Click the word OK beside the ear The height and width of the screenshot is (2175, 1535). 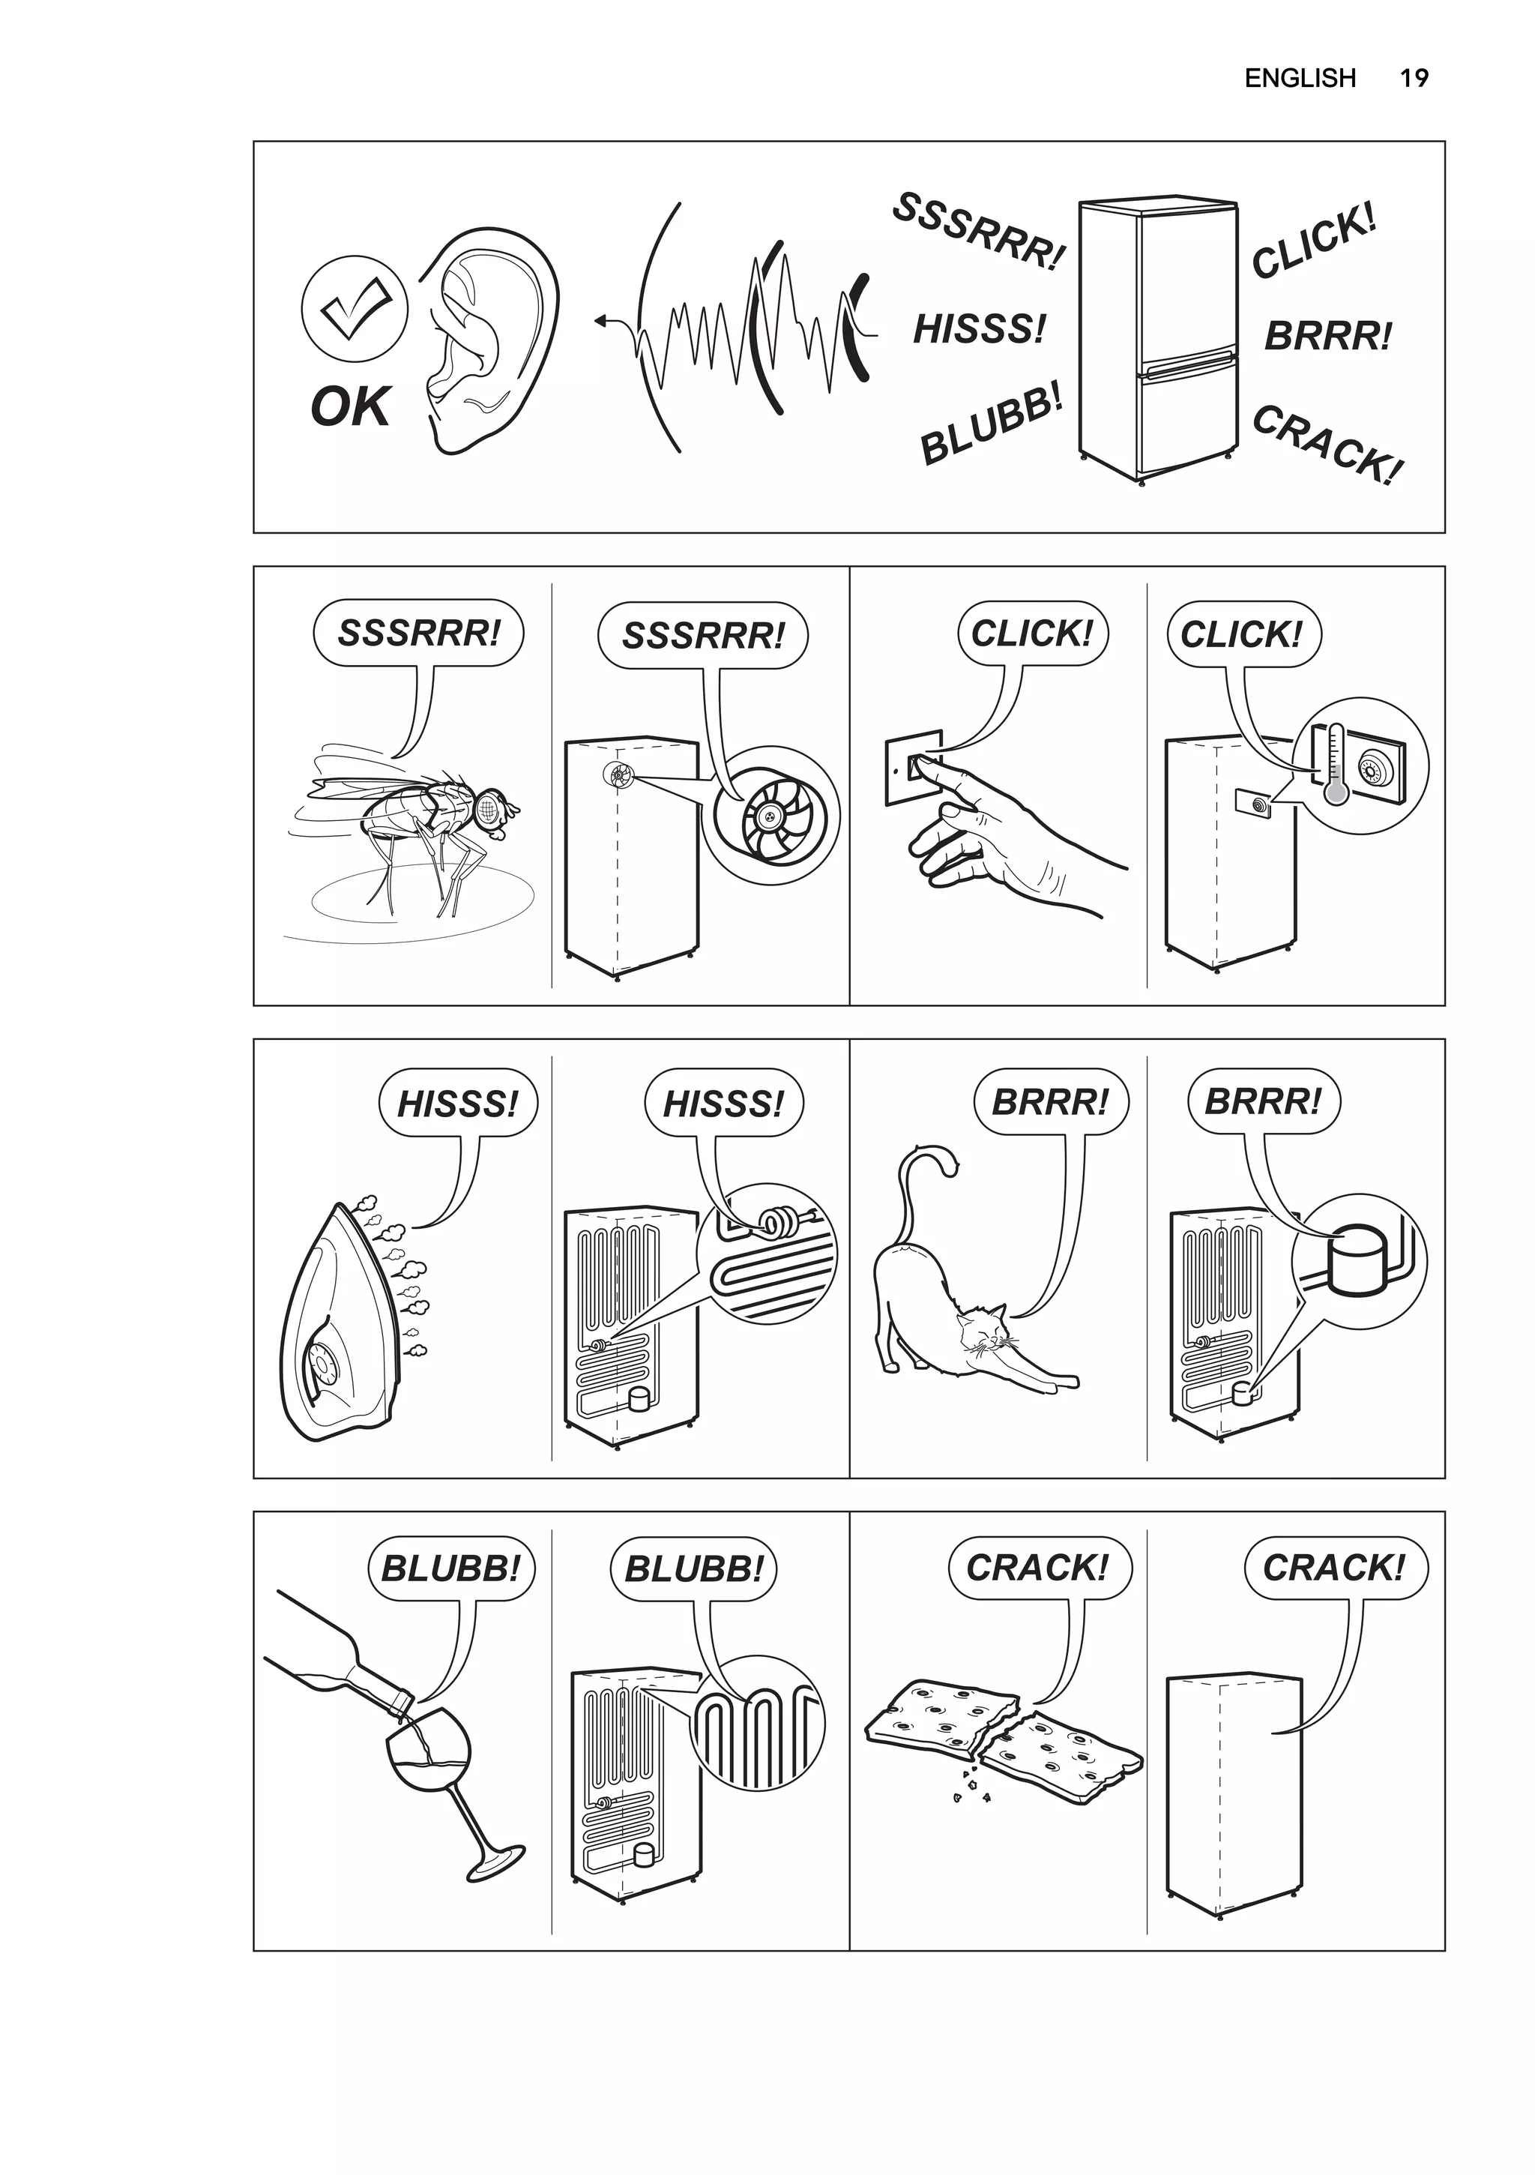349,407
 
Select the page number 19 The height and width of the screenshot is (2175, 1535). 1413,78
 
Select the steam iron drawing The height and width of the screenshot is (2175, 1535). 341,1326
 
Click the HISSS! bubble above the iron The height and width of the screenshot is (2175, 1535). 457,1104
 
